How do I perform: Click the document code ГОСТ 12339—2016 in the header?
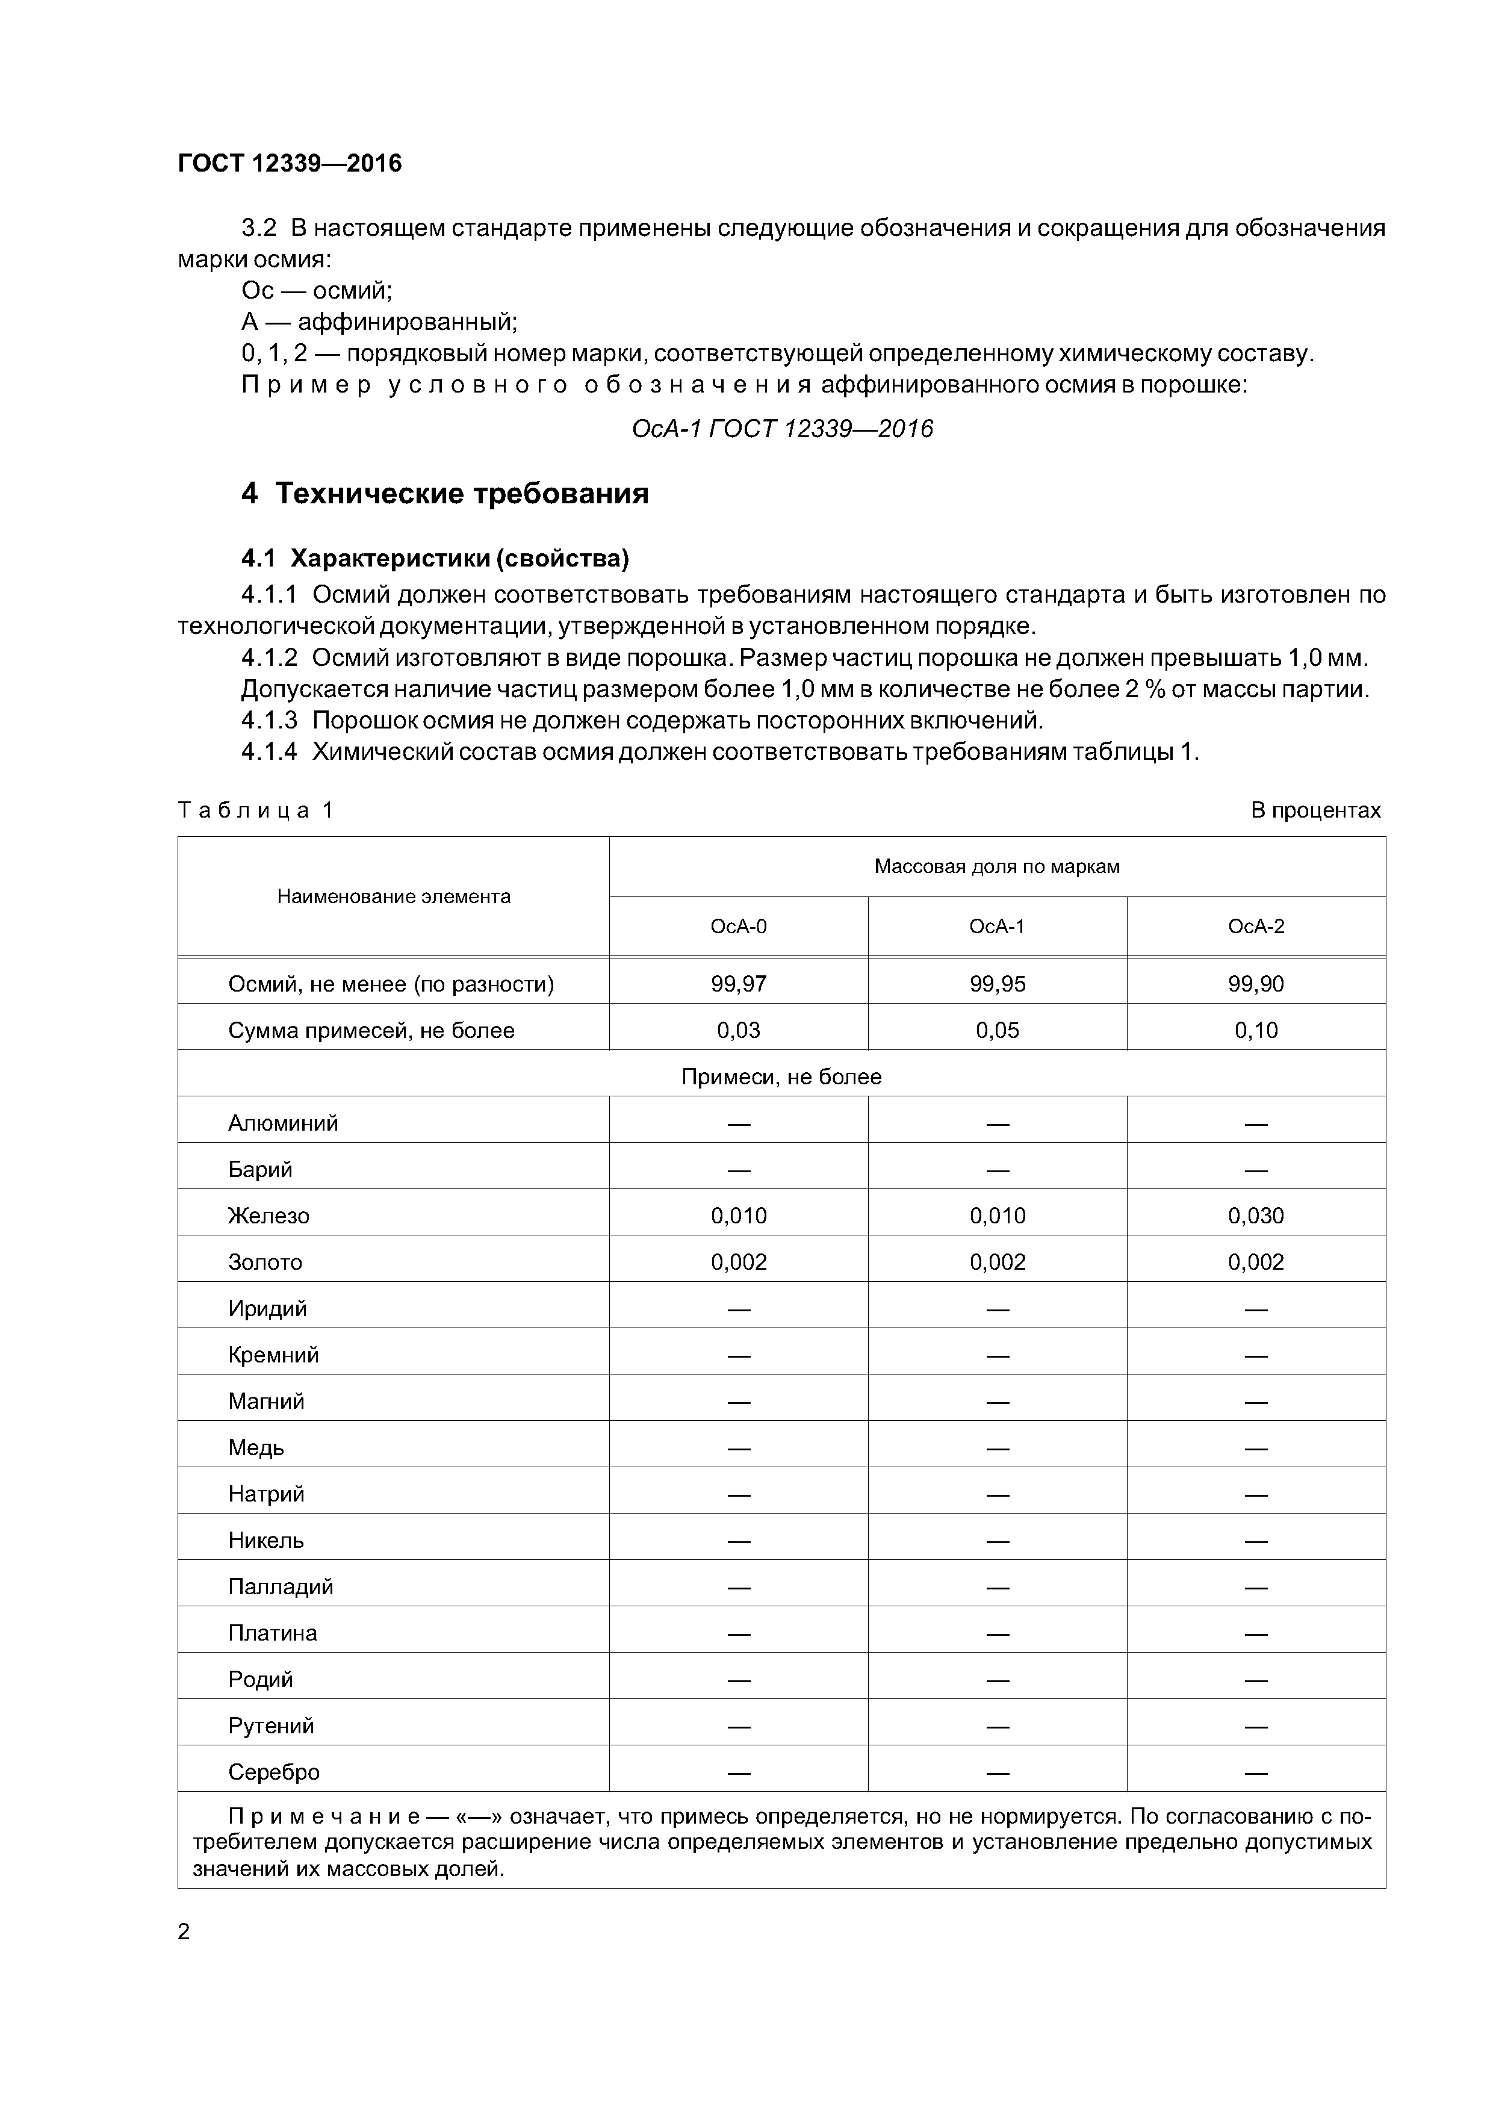pyautogui.click(x=290, y=164)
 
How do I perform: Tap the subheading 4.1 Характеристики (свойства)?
pyautogui.click(x=435, y=558)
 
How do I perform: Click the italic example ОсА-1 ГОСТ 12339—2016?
pyautogui.click(x=782, y=429)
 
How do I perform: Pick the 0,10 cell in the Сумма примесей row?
pyautogui.click(x=1256, y=1030)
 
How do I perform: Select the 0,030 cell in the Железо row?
pyautogui.click(x=1256, y=1215)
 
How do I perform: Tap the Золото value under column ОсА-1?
pyautogui.click(x=997, y=1262)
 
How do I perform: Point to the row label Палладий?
pyautogui.click(x=281, y=1586)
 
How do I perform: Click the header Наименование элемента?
pyautogui.click(x=394, y=896)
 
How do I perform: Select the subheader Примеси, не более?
pyautogui.click(x=781, y=1076)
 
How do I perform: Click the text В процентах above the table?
pyautogui.click(x=1315, y=810)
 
